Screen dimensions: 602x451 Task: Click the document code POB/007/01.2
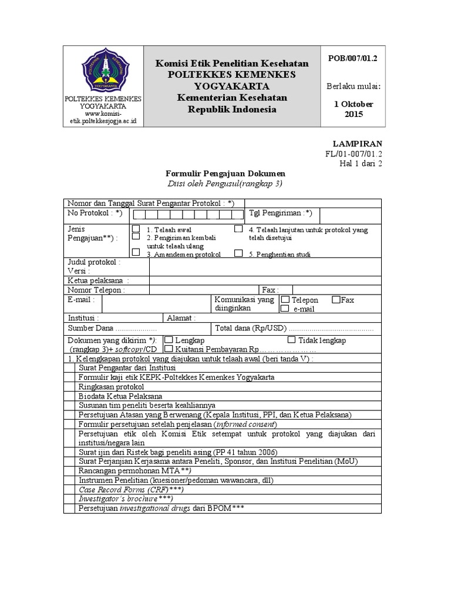352,58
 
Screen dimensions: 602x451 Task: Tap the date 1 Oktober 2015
353,109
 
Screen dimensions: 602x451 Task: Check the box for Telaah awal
136,228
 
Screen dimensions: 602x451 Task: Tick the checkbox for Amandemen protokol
136,253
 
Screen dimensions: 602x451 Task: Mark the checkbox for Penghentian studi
238,253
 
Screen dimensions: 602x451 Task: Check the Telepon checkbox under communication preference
285,299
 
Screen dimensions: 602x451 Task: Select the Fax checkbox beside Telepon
335,299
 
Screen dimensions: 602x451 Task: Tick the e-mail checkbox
285,308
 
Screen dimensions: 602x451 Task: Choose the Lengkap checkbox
169,340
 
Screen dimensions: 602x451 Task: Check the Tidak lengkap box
292,340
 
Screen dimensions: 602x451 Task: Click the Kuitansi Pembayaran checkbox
169,349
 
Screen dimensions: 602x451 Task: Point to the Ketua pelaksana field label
97,280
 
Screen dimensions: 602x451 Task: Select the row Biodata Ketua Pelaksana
120,396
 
